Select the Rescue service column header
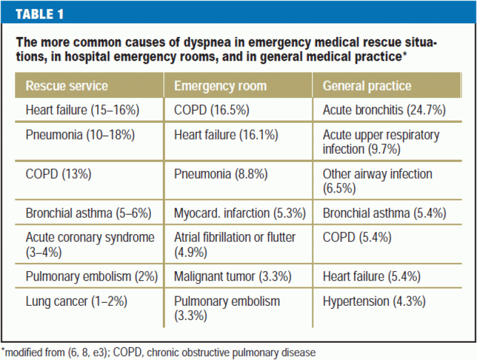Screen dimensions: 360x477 point(66,86)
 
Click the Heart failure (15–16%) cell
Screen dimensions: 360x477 point(76,110)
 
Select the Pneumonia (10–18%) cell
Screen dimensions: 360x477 point(80,135)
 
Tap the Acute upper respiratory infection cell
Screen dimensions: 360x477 point(380,142)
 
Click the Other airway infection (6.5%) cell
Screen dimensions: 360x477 point(377,181)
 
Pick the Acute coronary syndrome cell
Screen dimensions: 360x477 point(89,244)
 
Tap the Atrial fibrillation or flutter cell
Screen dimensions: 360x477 point(234,244)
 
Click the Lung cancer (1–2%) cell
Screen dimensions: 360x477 point(76,301)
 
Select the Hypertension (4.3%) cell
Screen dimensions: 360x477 point(374,301)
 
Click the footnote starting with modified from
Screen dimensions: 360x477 point(158,352)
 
